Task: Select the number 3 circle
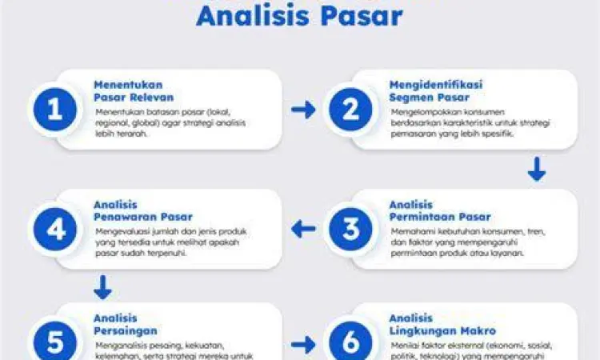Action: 350,230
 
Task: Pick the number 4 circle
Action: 54,230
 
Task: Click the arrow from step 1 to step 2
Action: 303,110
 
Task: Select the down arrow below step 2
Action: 537,169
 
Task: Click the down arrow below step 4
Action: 102,287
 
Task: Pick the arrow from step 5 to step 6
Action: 303,345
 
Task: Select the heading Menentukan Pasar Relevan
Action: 128,90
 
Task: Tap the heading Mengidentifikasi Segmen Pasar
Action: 436,90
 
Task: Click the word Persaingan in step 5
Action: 125,330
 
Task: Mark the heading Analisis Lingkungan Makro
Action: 442,324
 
